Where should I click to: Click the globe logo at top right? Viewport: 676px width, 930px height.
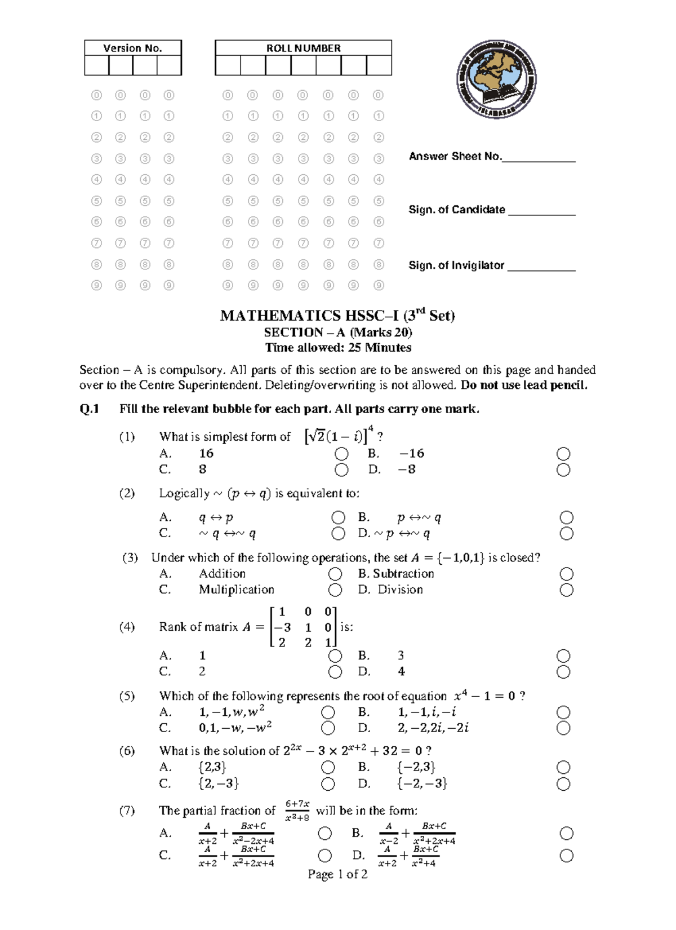(x=496, y=79)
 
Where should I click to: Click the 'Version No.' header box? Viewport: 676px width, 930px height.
(x=133, y=48)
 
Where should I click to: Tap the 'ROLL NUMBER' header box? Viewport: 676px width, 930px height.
(x=303, y=48)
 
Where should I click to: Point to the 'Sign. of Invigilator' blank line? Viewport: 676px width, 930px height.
(x=541, y=270)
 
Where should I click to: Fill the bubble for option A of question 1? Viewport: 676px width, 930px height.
(x=341, y=454)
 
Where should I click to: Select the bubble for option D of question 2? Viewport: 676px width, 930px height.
(x=567, y=534)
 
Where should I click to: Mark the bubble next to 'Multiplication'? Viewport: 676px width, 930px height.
(x=335, y=590)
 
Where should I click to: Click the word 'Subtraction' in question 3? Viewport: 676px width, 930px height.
(x=403, y=574)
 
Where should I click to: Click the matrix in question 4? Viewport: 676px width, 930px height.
(x=303, y=627)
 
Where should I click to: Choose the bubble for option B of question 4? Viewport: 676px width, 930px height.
(x=563, y=656)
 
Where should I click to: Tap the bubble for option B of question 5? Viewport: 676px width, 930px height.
(x=563, y=712)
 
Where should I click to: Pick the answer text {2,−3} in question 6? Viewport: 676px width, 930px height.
(x=219, y=783)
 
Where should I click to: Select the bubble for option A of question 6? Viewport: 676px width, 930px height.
(x=328, y=767)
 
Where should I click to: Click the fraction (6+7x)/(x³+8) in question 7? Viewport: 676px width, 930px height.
(x=297, y=811)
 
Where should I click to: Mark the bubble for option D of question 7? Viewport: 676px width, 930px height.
(x=567, y=856)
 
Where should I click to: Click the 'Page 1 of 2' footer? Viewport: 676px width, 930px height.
(x=337, y=874)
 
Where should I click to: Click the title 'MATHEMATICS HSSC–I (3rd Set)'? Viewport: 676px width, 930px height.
(x=337, y=315)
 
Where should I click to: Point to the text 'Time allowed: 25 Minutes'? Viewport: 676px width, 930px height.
(x=338, y=347)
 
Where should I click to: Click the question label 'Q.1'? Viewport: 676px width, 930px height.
(x=90, y=409)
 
